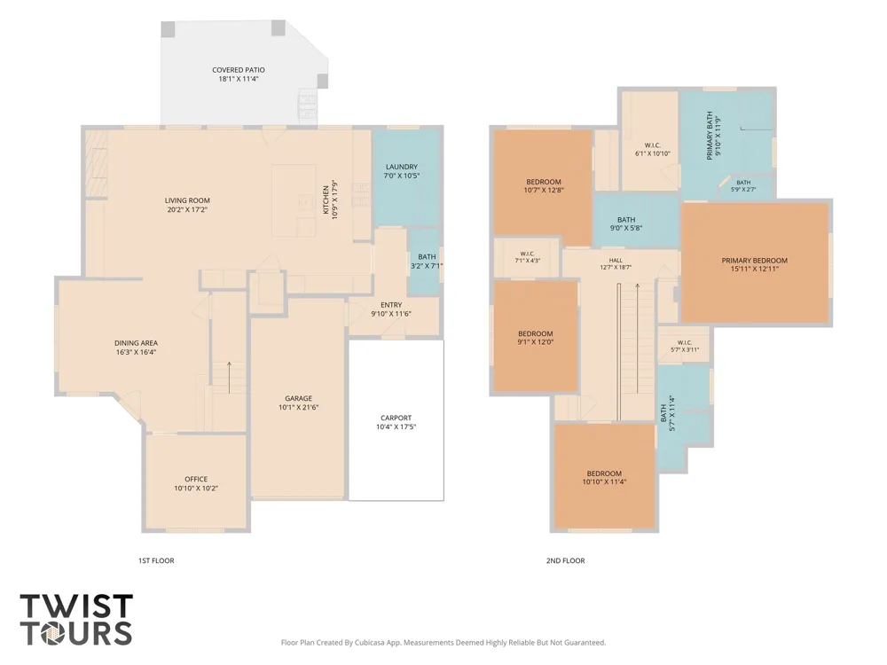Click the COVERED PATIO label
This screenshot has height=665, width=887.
point(238,70)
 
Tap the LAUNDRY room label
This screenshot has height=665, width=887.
point(402,167)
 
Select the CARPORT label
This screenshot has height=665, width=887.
point(396,418)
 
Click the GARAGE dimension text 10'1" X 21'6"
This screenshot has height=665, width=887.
point(299,407)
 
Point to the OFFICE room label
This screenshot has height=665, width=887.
point(196,479)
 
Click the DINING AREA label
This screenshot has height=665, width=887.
point(136,342)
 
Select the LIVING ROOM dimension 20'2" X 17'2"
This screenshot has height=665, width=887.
point(187,209)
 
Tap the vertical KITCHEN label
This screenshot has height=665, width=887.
point(326,199)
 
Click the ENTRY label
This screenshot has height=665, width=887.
point(391,305)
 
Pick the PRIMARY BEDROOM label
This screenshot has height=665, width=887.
point(754,261)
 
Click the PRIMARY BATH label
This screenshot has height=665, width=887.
point(710,136)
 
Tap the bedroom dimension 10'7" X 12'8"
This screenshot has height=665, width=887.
point(543,190)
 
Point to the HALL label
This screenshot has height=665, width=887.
point(616,261)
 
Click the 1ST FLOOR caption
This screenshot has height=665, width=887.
point(156,560)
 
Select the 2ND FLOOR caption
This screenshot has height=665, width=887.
point(565,560)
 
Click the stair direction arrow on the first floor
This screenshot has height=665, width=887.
point(229,377)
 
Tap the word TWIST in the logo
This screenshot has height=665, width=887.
point(76,606)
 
